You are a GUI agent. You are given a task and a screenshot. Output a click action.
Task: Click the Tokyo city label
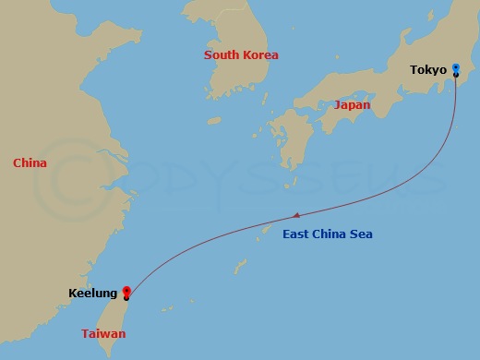coord(428,69)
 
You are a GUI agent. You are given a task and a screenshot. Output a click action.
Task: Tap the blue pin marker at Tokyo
coord(456,68)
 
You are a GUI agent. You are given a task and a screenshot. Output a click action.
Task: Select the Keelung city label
coord(92,294)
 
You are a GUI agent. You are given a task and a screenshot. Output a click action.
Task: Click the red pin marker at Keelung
coord(126,294)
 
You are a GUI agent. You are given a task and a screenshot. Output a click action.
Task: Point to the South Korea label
coord(241,55)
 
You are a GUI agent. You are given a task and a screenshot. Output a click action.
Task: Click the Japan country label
coord(352,105)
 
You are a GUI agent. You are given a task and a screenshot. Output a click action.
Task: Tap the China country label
coord(30,163)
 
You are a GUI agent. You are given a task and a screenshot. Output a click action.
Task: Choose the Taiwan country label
coord(103,333)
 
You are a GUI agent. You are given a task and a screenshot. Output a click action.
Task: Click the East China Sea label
coord(328,234)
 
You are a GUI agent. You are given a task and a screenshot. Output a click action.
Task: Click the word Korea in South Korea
coord(259,55)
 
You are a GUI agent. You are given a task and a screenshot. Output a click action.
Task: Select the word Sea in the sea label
coord(361,234)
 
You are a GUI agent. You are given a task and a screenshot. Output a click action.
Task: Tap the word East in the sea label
coord(297,234)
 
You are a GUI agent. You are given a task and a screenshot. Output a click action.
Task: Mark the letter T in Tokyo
coord(414,69)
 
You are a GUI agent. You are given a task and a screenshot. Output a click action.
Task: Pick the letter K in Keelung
coord(72,294)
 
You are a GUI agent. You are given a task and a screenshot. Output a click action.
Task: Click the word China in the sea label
coord(330,234)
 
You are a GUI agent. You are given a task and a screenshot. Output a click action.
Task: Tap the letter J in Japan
coord(336,105)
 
